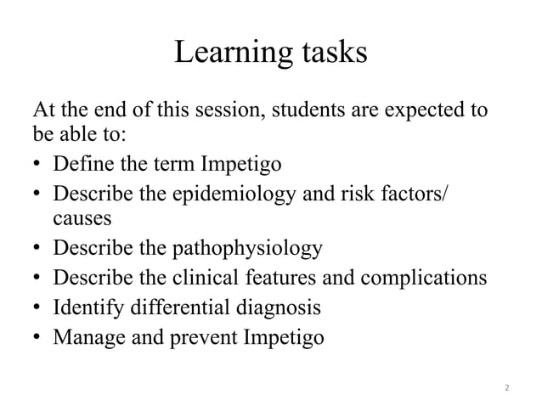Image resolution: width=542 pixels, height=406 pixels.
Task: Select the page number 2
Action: pos(507,388)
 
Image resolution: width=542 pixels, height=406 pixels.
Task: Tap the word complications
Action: pos(420,278)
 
